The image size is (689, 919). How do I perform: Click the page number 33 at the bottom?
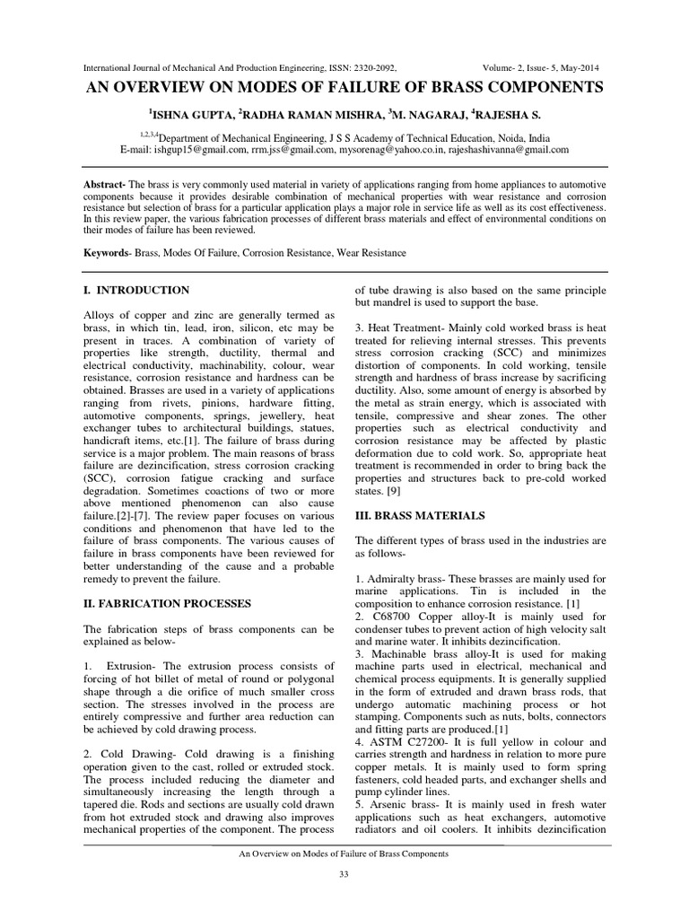tap(344, 875)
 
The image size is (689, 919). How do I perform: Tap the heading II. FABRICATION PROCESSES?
tap(167, 602)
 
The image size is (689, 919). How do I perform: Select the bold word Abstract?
tap(102, 183)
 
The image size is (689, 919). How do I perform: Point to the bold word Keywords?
tap(105, 253)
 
